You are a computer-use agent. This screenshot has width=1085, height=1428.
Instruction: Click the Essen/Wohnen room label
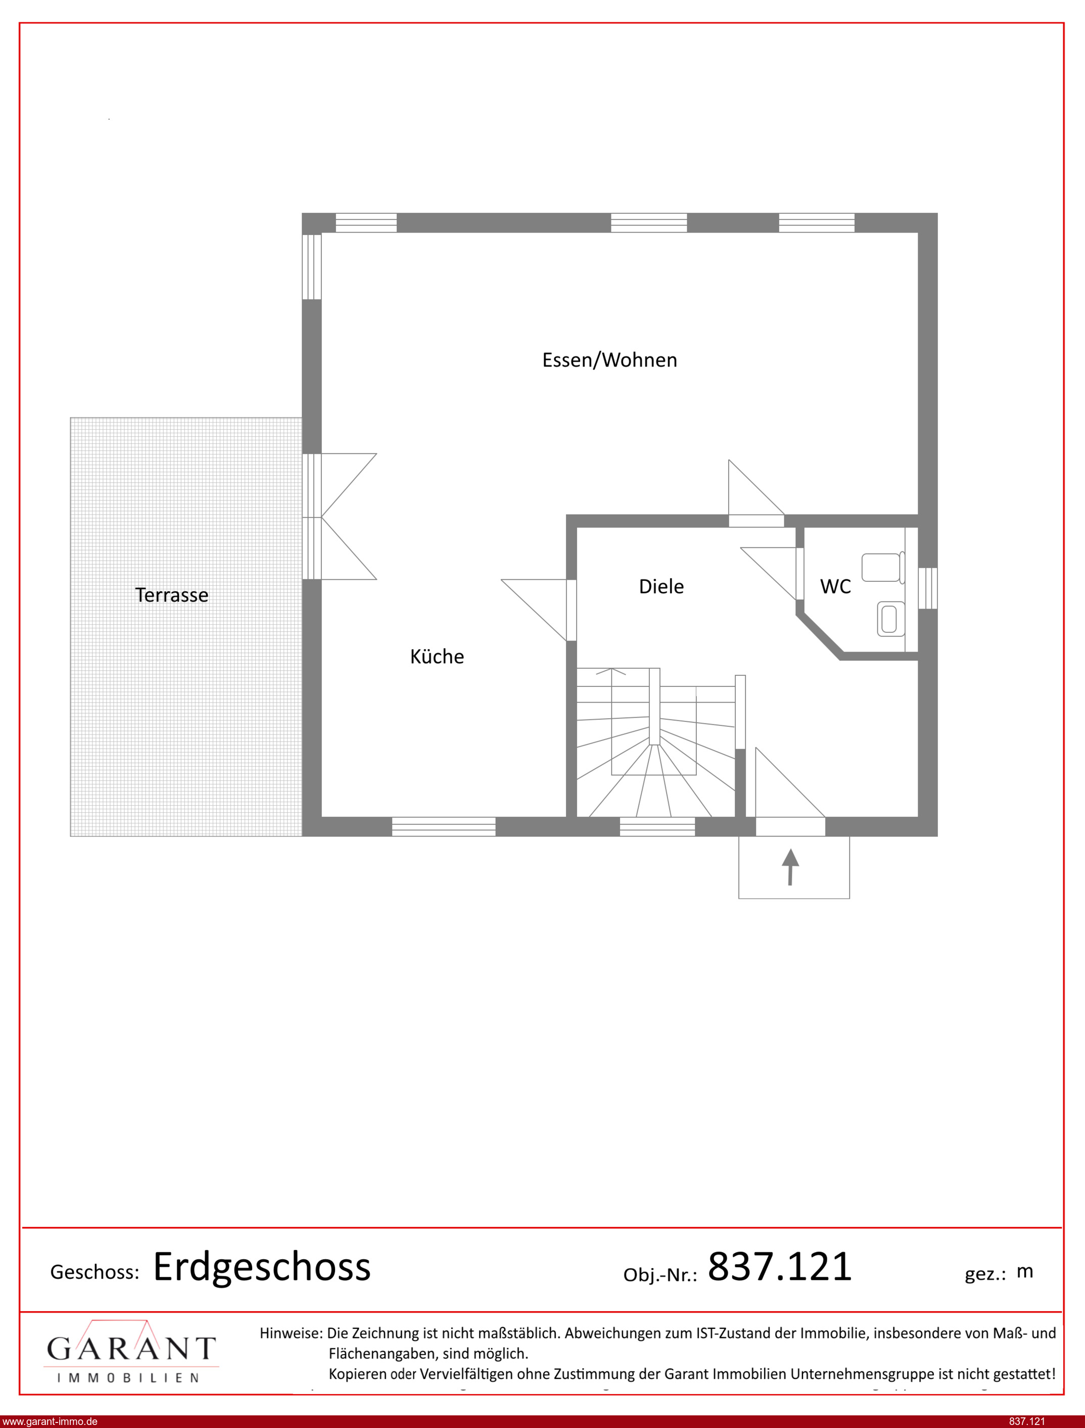pyautogui.click(x=609, y=360)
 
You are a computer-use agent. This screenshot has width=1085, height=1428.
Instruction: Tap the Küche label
pyautogui.click(x=437, y=656)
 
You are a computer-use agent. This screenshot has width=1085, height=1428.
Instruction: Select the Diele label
pyautogui.click(x=662, y=586)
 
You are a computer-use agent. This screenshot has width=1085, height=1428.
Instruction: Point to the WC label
pyautogui.click(x=836, y=586)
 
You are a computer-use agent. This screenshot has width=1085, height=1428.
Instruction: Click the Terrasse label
pyautogui.click(x=172, y=595)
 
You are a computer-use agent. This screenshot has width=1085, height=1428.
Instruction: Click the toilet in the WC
pyautogui.click(x=883, y=567)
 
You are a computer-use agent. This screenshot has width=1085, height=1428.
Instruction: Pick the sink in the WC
pyautogui.click(x=890, y=619)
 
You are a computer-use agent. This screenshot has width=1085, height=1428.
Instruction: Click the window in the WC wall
pyautogui.click(x=927, y=588)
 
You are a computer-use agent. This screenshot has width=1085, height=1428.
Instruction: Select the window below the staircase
pyautogui.click(x=657, y=826)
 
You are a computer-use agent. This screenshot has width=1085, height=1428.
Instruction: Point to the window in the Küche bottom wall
pyautogui.click(x=444, y=826)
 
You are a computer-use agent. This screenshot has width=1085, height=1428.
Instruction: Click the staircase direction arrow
pyautogui.click(x=611, y=672)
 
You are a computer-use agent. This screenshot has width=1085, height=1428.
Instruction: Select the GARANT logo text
pyautogui.click(x=131, y=1349)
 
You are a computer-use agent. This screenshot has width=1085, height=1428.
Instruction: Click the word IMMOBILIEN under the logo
pyautogui.click(x=128, y=1378)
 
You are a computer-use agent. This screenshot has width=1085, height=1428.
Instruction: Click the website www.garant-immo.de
pyautogui.click(x=50, y=1421)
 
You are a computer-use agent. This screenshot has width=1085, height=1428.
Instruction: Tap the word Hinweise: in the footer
pyautogui.click(x=291, y=1332)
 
